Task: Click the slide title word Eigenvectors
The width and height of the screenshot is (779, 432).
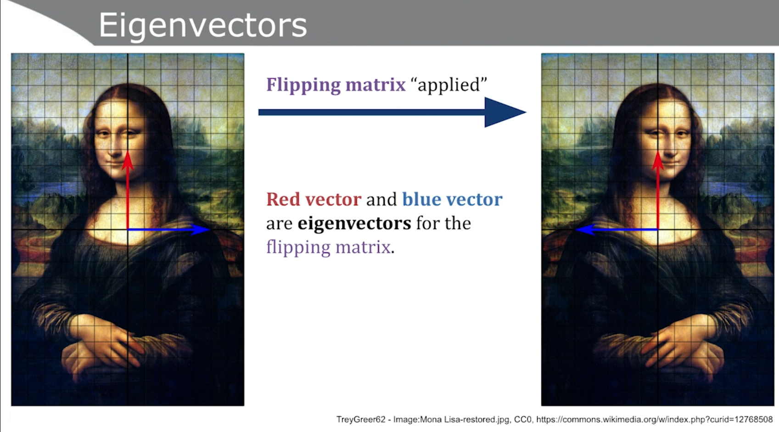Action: (x=203, y=25)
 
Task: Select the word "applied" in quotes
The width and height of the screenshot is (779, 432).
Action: (x=449, y=85)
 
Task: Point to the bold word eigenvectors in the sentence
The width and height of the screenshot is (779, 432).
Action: (x=354, y=223)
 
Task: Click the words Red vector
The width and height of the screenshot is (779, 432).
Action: (x=314, y=199)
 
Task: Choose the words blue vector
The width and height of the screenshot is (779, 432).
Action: (x=452, y=199)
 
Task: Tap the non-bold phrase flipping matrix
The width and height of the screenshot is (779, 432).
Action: (x=328, y=247)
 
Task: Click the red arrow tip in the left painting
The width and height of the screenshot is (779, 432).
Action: (x=128, y=152)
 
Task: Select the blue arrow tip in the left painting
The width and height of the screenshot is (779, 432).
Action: (x=210, y=229)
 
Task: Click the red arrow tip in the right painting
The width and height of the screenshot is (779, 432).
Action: (x=658, y=152)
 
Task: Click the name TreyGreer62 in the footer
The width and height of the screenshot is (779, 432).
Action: (x=361, y=420)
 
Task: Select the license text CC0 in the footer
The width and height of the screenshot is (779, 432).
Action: (x=522, y=420)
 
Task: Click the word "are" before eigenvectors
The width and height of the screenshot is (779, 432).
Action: (x=279, y=224)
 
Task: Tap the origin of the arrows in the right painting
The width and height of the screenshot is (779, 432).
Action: (x=658, y=229)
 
